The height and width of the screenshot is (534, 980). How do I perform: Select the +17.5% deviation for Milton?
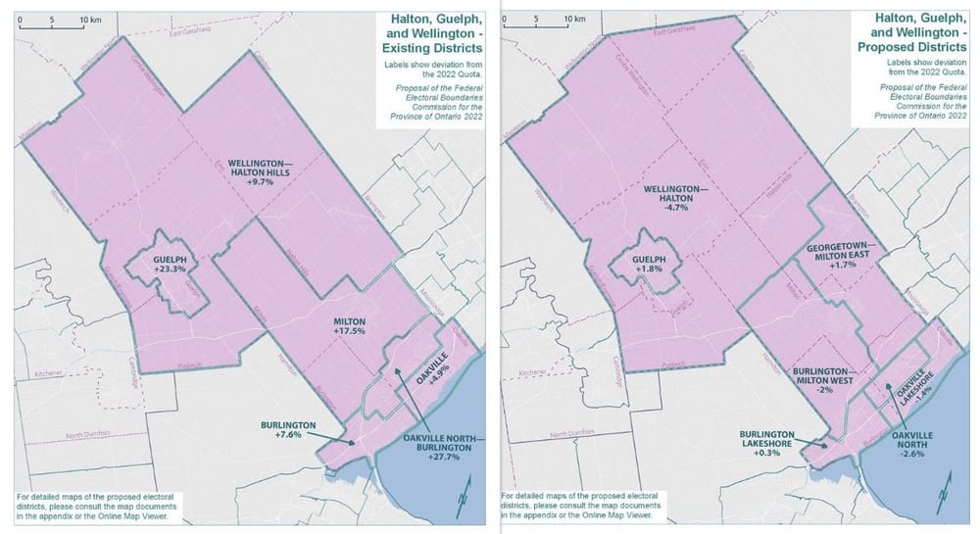click(x=351, y=330)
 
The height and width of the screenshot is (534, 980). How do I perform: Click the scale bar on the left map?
click(x=54, y=26)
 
